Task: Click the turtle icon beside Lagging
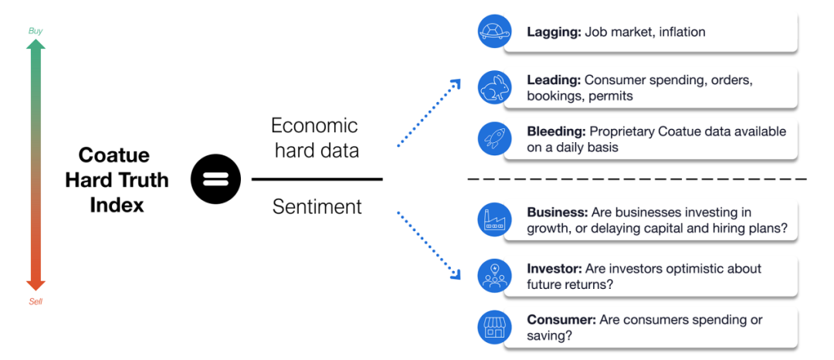pyautogui.click(x=495, y=32)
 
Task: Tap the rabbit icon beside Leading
pyautogui.click(x=495, y=87)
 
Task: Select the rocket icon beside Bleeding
pyautogui.click(x=495, y=138)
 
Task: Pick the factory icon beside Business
pyautogui.click(x=495, y=219)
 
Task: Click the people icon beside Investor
pyautogui.click(x=495, y=276)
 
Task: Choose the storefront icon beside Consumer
pyautogui.click(x=495, y=327)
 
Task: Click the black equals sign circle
pyautogui.click(x=215, y=178)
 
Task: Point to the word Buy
pyautogui.click(x=35, y=31)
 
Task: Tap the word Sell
pyautogui.click(x=36, y=302)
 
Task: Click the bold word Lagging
pyautogui.click(x=554, y=32)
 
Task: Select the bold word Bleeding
pyautogui.click(x=555, y=131)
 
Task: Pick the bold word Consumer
pyautogui.click(x=561, y=320)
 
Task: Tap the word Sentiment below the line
pyautogui.click(x=317, y=206)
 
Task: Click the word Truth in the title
pyautogui.click(x=143, y=180)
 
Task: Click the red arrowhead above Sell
pyautogui.click(x=36, y=285)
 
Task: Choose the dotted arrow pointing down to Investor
pyautogui.click(x=429, y=245)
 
